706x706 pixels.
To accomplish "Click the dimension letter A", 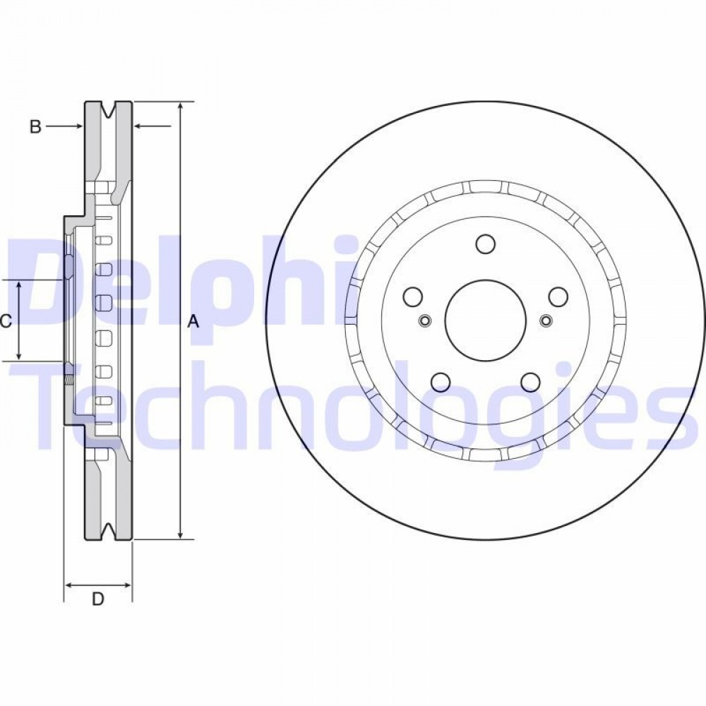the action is click(193, 322).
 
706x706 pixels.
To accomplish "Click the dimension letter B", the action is click(35, 127).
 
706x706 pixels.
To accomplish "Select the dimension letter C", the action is click(5, 321).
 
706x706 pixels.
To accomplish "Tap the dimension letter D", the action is click(97, 599).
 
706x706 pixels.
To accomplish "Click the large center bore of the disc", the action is click(485, 320).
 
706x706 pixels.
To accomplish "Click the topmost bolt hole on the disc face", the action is click(486, 244).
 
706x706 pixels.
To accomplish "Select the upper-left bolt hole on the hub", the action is click(413, 297).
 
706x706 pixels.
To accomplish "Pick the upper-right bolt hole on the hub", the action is click(558, 297).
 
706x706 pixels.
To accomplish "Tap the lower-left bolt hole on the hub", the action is click(441, 382).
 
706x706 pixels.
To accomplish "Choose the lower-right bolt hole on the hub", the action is click(530, 382).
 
